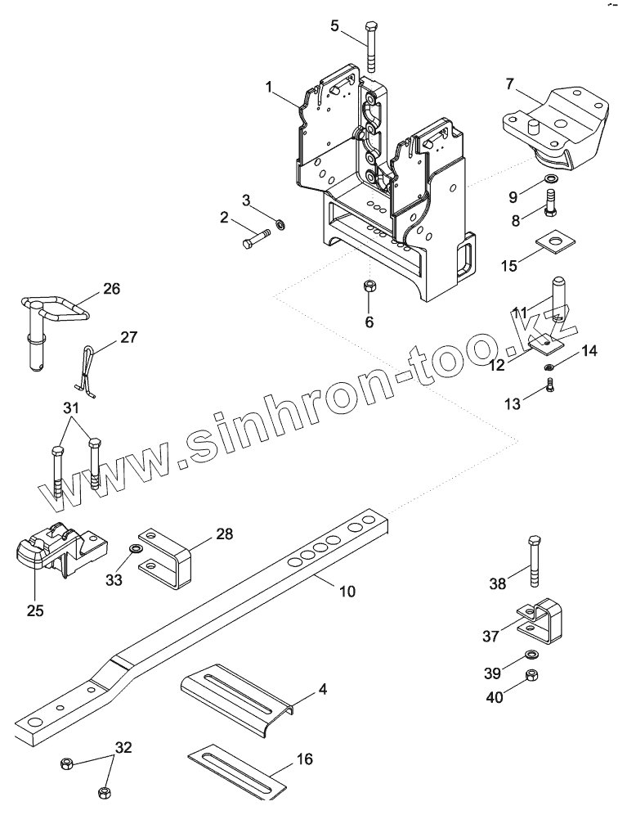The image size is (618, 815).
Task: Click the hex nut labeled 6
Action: [x=369, y=287]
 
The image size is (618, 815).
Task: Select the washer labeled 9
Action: [x=552, y=179]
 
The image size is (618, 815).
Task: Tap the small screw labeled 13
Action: [x=549, y=384]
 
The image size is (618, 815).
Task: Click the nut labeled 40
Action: [x=531, y=675]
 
